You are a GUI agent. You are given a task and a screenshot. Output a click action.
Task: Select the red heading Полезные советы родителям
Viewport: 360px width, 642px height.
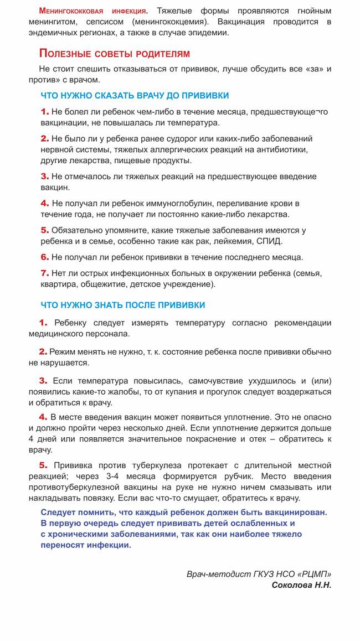tap(115, 54)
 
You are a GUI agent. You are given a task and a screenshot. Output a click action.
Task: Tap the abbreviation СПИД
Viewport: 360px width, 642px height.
tap(269, 241)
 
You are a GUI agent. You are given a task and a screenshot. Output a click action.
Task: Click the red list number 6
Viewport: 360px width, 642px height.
tap(44, 257)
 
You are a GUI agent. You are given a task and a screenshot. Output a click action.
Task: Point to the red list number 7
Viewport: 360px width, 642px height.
tap(44, 273)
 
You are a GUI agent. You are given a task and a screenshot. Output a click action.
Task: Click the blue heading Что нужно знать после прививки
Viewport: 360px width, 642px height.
tap(123, 305)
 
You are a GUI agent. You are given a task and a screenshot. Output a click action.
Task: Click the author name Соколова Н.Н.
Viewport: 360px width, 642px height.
tap(301, 585)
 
